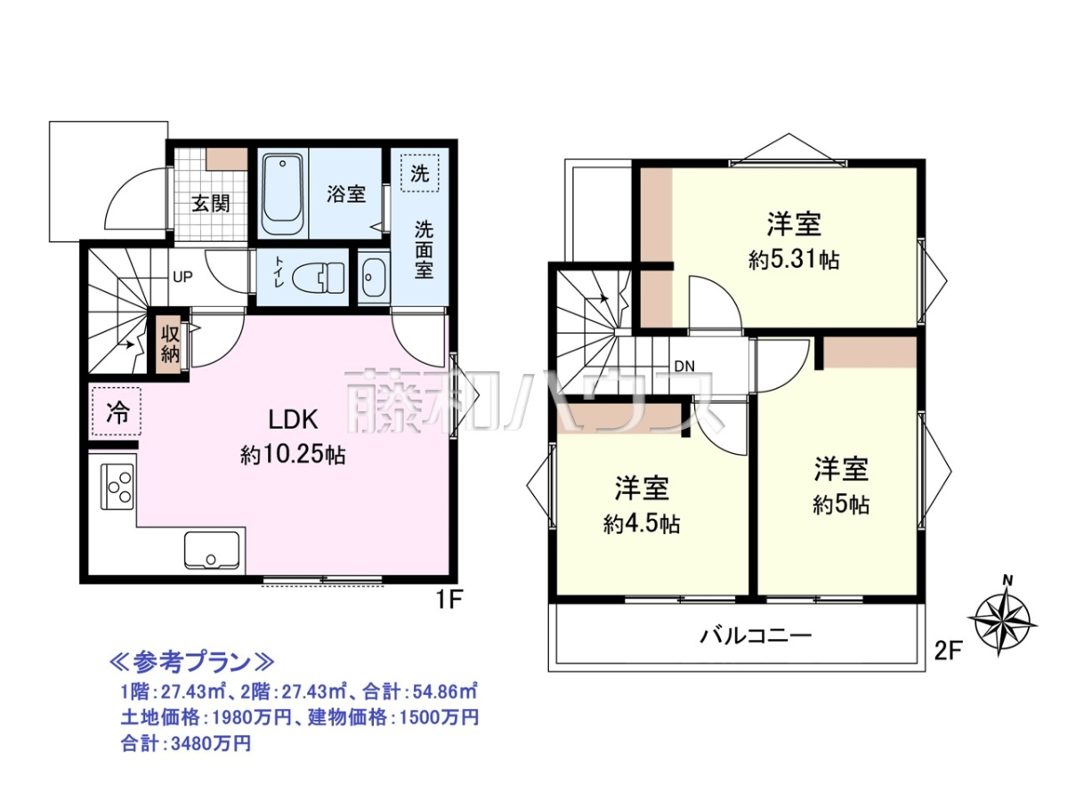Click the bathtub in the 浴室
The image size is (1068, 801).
pyautogui.click(x=282, y=194)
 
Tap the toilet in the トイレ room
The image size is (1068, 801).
pyautogui.click(x=319, y=279)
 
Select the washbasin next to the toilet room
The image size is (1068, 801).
pyautogui.click(x=374, y=278)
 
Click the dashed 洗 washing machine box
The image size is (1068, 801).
pyautogui.click(x=419, y=174)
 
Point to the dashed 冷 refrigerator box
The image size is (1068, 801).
pyautogui.click(x=117, y=411)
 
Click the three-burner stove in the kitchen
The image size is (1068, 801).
pyautogui.click(x=117, y=486)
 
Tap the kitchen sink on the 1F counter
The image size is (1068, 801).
pyautogui.click(x=212, y=550)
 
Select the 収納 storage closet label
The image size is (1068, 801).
pyautogui.click(x=170, y=344)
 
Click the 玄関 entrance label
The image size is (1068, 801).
pyautogui.click(x=210, y=203)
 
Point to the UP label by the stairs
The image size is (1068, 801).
pyautogui.click(x=183, y=277)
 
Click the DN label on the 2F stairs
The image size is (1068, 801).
pyautogui.click(x=684, y=366)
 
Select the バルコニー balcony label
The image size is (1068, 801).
pyautogui.click(x=756, y=635)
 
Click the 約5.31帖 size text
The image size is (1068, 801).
pyautogui.click(x=794, y=261)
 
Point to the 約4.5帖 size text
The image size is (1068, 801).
pyautogui.click(x=642, y=524)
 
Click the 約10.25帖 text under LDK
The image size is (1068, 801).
pyautogui.click(x=293, y=455)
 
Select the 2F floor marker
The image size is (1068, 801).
pyautogui.click(x=949, y=651)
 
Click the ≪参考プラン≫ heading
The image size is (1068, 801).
pyautogui.click(x=192, y=662)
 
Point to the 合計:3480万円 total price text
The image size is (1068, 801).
pyautogui.click(x=186, y=743)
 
